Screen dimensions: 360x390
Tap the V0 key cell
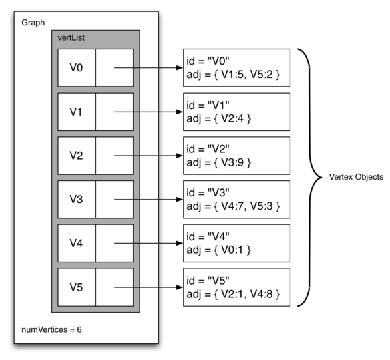77,67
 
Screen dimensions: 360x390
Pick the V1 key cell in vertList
77,112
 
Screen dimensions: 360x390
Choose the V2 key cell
77,156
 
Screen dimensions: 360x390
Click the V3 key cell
77,199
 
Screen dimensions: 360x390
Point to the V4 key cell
77,243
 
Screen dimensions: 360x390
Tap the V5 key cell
77,287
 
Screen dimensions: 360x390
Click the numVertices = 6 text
50,329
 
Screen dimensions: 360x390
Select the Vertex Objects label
355,178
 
